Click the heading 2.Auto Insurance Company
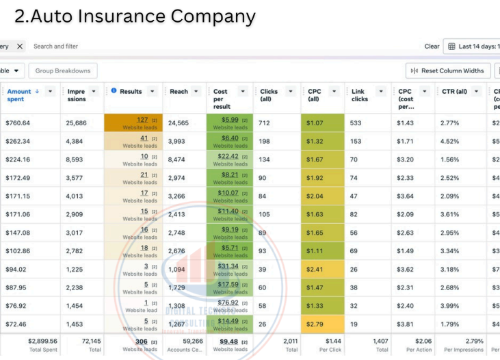coord(134,16)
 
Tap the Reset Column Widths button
coord(448,70)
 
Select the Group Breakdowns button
coord(63,70)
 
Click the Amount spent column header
coord(19,95)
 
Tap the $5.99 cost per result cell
coord(230,123)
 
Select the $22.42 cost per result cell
coord(230,159)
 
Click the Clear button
coord(432,47)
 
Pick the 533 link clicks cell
coord(356,123)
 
